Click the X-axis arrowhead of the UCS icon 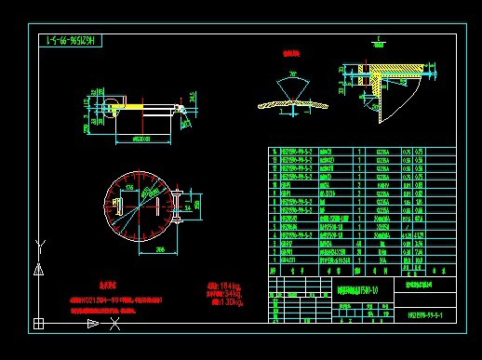[x=93, y=324]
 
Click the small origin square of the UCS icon [x=39, y=324]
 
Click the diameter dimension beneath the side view [x=141, y=137]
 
